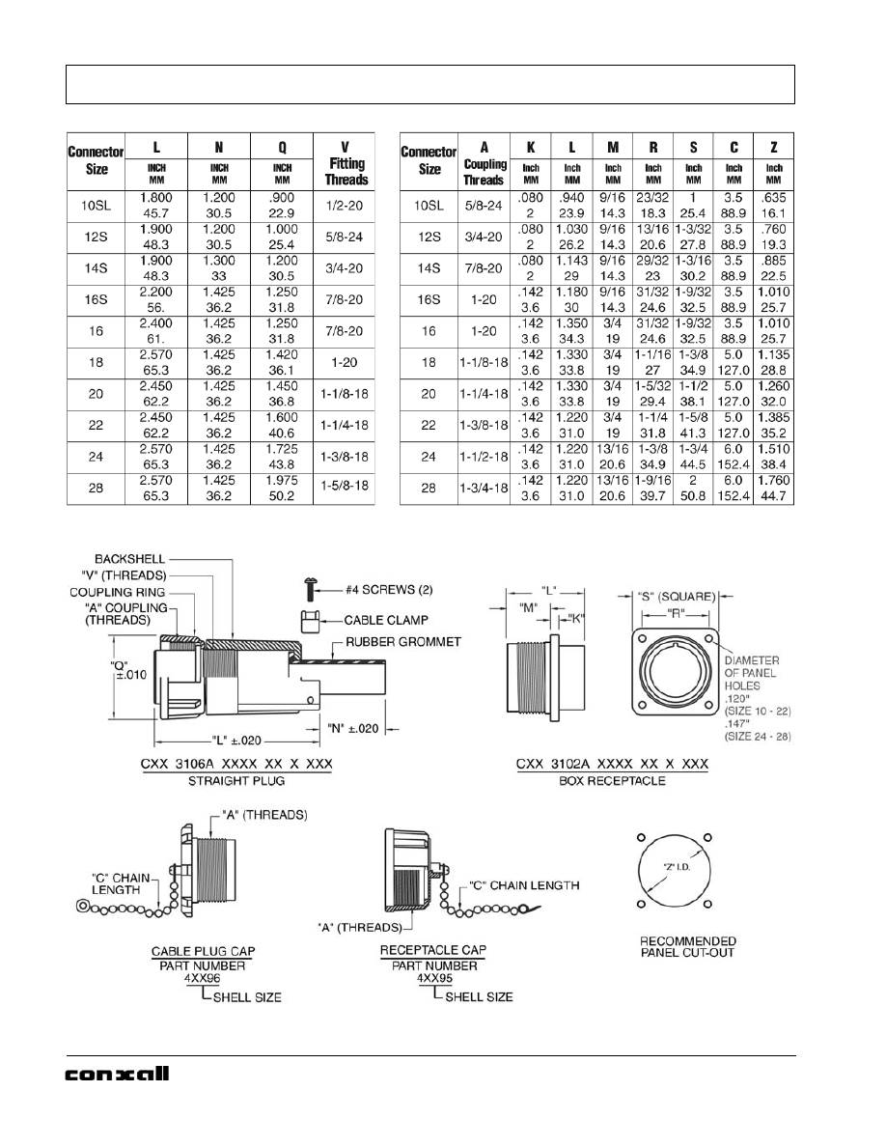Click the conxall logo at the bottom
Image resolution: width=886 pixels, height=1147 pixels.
point(117,1075)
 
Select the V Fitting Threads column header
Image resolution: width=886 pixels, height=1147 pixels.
point(346,164)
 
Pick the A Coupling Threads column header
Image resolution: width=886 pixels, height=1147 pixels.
point(484,164)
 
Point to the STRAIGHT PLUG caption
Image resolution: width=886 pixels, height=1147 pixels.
point(223,780)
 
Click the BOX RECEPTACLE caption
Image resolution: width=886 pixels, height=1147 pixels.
point(613,780)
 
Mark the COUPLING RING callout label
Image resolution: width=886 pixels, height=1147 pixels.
point(117,592)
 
